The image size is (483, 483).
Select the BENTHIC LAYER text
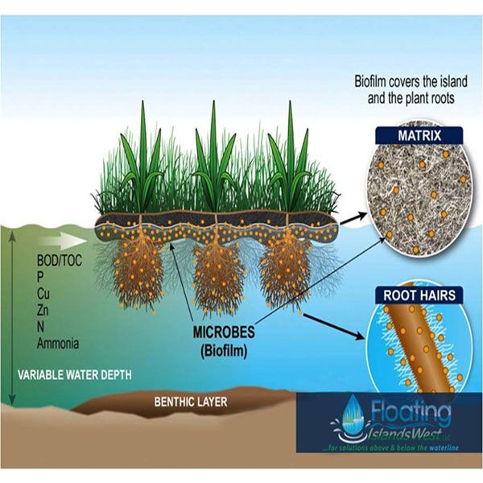pos(190,401)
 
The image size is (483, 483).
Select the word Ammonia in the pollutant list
pos(58,343)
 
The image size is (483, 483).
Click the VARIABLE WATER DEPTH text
pos(75,375)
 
